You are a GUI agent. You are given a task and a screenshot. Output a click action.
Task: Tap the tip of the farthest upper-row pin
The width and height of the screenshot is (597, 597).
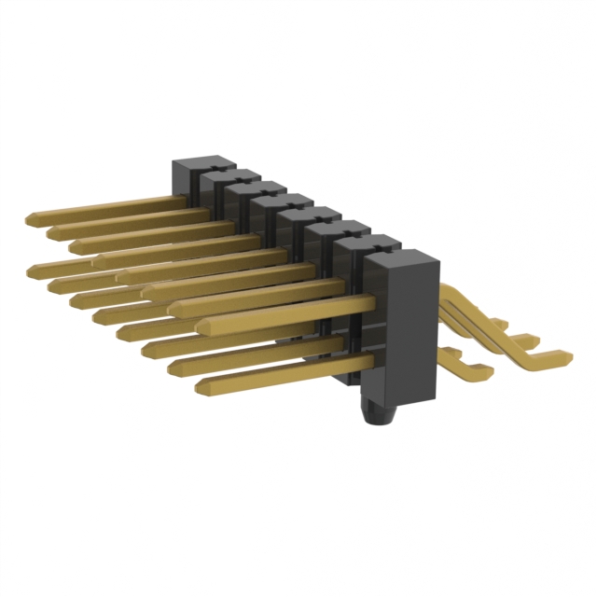click(30, 220)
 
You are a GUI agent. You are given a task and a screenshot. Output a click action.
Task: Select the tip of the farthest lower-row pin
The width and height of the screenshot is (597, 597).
click(33, 271)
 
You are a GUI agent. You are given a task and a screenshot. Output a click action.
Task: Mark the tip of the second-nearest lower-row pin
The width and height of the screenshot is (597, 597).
click(174, 367)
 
